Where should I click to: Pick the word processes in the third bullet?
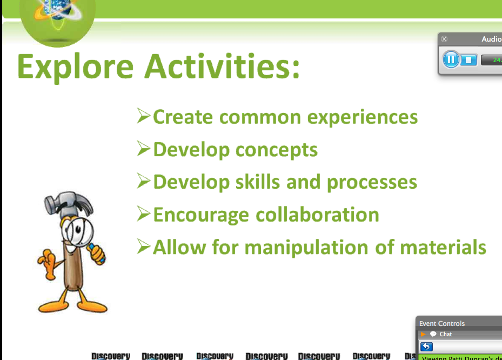(x=372, y=183)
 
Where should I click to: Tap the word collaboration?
(x=317, y=215)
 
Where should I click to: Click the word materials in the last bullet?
(x=443, y=247)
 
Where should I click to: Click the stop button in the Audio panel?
(x=468, y=59)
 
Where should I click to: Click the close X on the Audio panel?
(x=444, y=39)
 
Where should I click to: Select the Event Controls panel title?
(x=442, y=324)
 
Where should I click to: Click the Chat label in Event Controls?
(x=446, y=334)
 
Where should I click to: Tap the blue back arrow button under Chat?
(x=426, y=346)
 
